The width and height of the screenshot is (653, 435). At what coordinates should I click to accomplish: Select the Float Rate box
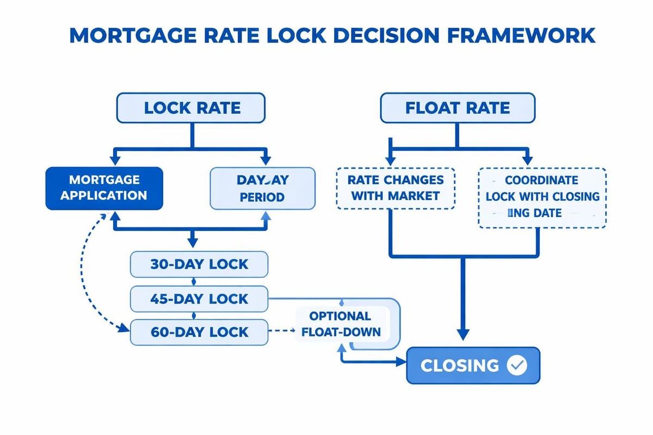(457, 108)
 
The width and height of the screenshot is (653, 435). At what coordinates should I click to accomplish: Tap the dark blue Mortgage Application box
(103, 188)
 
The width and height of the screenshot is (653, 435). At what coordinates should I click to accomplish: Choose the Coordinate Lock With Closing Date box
(542, 196)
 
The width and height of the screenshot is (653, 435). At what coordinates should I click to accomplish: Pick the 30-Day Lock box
(199, 265)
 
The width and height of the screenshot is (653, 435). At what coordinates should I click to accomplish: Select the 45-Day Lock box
(199, 299)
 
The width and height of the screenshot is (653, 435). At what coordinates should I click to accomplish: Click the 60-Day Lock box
(199, 332)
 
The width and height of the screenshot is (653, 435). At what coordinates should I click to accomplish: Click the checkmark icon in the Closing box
(516, 365)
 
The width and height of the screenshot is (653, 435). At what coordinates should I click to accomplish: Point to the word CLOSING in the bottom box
(460, 365)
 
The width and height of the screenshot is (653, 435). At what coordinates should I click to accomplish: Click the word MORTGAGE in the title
(135, 36)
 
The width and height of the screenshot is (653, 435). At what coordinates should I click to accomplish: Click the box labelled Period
(262, 188)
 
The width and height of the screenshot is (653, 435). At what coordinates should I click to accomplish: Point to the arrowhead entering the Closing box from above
(463, 337)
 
